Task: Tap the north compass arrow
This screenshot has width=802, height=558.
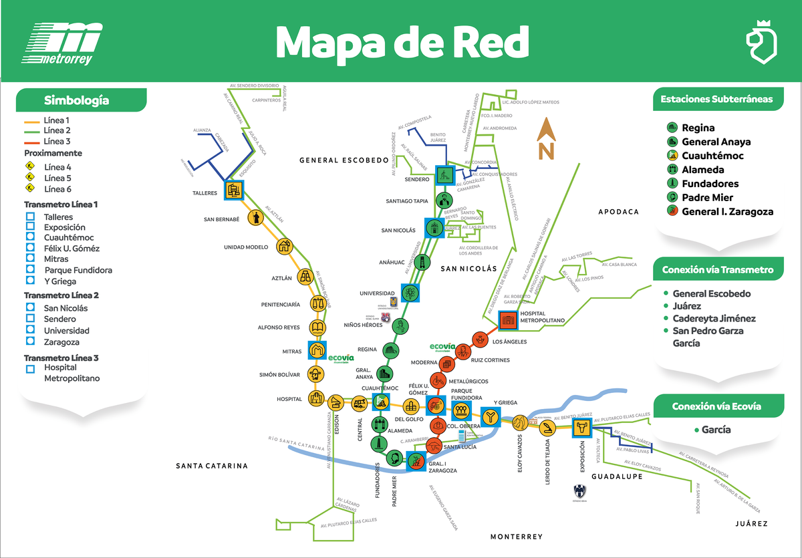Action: pyautogui.click(x=546, y=139)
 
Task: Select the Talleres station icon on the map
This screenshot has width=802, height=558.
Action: pyautogui.click(x=233, y=190)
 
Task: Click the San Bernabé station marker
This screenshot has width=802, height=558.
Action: pyautogui.click(x=255, y=218)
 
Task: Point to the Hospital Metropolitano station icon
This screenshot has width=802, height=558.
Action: pyautogui.click(x=507, y=320)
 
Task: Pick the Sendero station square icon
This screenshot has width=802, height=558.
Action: pyautogui.click(x=445, y=175)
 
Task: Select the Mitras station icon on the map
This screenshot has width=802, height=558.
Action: pyautogui.click(x=317, y=350)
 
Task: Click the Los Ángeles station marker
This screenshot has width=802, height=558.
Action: pyautogui.click(x=479, y=340)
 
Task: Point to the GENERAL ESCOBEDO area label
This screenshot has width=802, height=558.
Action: pyautogui.click(x=344, y=160)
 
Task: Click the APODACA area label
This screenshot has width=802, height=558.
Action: pyautogui.click(x=618, y=212)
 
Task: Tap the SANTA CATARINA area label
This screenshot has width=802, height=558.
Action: pyautogui.click(x=212, y=466)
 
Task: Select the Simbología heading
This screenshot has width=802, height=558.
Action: pyautogui.click(x=76, y=101)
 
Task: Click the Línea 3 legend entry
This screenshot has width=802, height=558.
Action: pyautogui.click(x=57, y=141)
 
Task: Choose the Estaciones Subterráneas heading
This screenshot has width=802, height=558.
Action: pyautogui.click(x=716, y=99)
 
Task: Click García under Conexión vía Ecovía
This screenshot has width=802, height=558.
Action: pyautogui.click(x=716, y=430)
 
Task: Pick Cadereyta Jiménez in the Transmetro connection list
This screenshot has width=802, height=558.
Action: pyautogui.click(x=714, y=319)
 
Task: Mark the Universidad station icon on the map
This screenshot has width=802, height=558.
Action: pyautogui.click(x=410, y=293)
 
